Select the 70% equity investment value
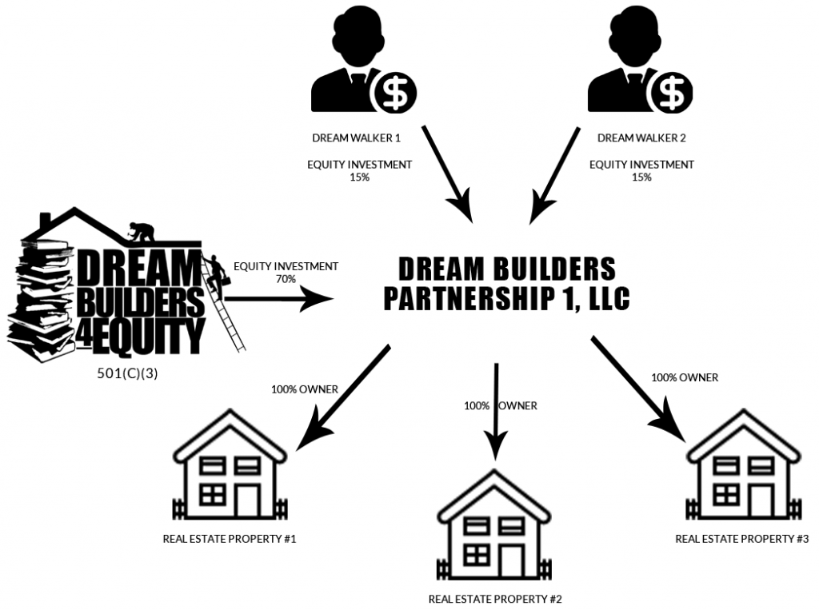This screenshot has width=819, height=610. click(x=286, y=280)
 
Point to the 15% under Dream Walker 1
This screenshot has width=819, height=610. click(x=360, y=177)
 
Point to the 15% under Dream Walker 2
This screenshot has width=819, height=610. click(x=641, y=177)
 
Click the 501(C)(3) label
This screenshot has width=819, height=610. click(x=127, y=372)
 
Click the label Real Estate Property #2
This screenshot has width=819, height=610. click(x=495, y=598)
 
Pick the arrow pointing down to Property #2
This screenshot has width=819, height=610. click(x=497, y=412)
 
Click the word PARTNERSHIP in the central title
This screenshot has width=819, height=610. click(x=473, y=297)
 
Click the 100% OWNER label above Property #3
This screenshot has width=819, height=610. click(x=685, y=377)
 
